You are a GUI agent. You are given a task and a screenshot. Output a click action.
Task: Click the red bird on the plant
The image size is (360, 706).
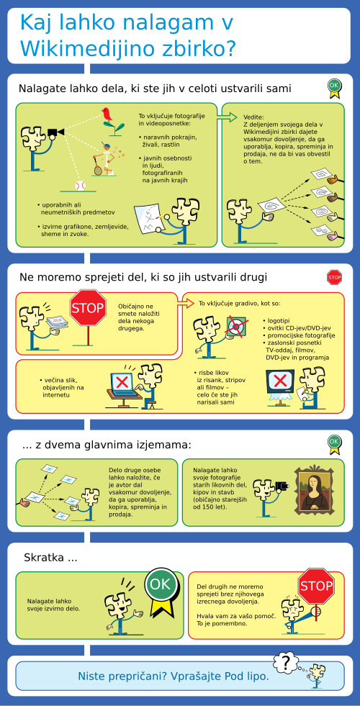[x=107, y=114]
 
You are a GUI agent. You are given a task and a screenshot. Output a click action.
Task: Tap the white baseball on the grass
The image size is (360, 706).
[x=80, y=186]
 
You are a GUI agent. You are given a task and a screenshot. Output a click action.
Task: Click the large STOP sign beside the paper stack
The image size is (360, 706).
[x=88, y=308]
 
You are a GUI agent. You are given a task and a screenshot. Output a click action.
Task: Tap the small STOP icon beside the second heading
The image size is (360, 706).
[x=334, y=278]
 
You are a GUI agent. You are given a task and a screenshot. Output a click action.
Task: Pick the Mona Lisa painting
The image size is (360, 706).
[x=315, y=490]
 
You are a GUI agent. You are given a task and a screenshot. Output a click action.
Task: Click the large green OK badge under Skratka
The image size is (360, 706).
[x=161, y=584]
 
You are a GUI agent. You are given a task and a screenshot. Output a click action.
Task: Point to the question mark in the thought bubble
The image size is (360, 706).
[x=285, y=662]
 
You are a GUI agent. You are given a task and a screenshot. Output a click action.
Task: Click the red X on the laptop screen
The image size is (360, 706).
[x=122, y=383]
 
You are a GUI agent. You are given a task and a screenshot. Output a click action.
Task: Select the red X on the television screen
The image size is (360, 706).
[x=280, y=381]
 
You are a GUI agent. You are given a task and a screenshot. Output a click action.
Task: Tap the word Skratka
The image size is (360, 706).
[x=43, y=558]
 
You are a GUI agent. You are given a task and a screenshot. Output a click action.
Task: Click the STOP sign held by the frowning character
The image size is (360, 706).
[x=316, y=587]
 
